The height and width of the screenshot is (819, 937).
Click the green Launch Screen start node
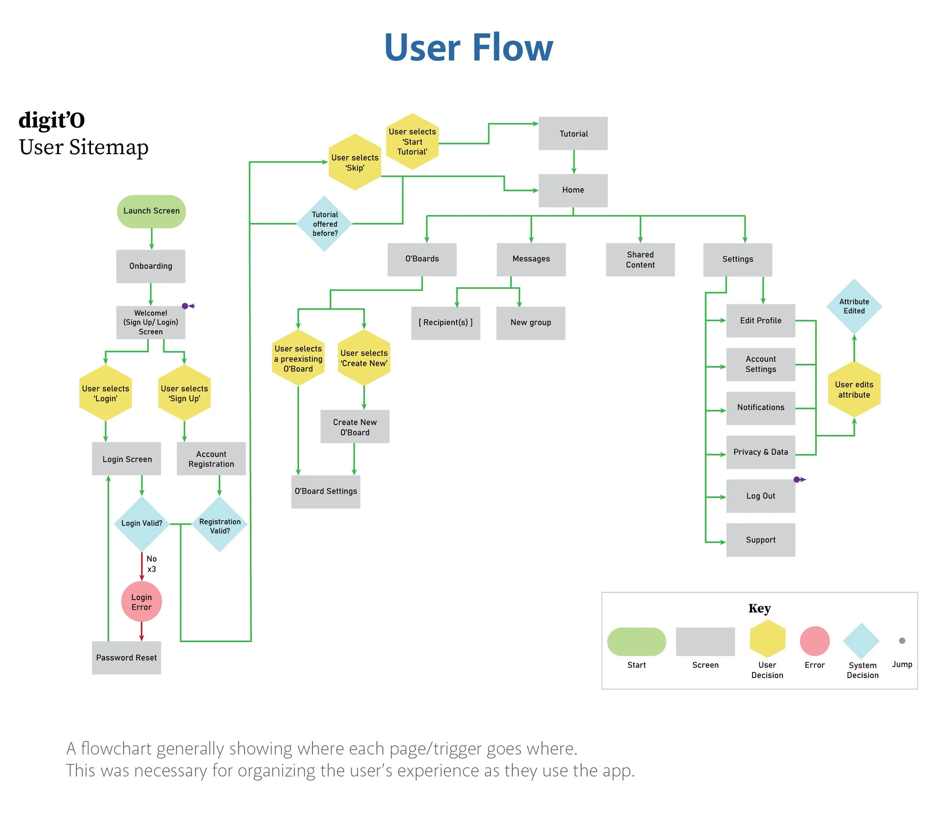[x=151, y=211]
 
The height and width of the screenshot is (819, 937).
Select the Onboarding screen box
[x=150, y=266]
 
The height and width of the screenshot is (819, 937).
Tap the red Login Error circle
[x=141, y=602]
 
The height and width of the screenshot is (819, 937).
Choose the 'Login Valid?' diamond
[x=142, y=523]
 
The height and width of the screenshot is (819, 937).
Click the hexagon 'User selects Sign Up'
[x=184, y=393]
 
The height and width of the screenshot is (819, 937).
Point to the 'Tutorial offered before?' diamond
[x=325, y=223]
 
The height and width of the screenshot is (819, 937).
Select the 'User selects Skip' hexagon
[x=355, y=162]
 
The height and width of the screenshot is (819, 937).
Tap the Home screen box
[x=573, y=190]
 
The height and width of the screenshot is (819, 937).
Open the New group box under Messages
[x=530, y=323]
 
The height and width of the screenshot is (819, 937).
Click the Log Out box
[x=760, y=496]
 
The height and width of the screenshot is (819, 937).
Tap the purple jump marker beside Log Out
[x=798, y=479]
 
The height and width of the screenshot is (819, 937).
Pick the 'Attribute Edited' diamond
[x=854, y=306]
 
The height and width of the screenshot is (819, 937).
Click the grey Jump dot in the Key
[x=902, y=641]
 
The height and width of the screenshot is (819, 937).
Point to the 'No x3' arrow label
[x=151, y=563]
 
